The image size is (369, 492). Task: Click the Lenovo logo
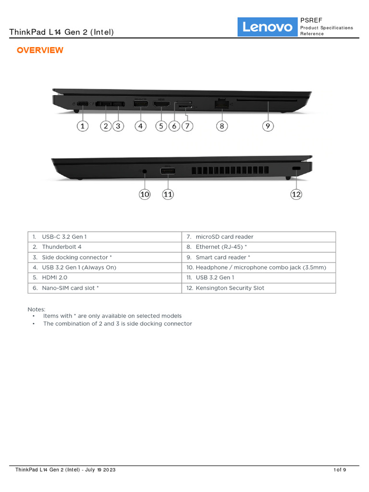click(268, 27)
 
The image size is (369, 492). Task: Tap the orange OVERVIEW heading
click(40, 50)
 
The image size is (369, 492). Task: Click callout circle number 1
click(83, 126)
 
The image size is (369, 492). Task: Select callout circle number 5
click(161, 126)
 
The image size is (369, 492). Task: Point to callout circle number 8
click(221, 126)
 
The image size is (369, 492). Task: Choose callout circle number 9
click(268, 126)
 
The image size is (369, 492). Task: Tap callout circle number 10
click(145, 194)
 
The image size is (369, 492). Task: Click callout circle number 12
click(296, 194)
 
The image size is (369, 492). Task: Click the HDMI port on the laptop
click(161, 104)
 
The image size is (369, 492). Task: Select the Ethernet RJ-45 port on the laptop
click(221, 103)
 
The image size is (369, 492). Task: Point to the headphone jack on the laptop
click(145, 171)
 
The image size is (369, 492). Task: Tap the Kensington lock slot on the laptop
click(296, 169)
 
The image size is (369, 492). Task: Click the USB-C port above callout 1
click(83, 104)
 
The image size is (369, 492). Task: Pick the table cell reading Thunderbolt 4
click(61, 247)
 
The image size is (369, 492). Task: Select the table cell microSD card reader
click(224, 237)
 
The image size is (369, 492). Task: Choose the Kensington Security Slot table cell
click(230, 288)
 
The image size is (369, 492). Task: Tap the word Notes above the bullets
click(37, 309)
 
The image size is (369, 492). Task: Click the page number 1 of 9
click(340, 470)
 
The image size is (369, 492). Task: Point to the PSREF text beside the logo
click(311, 20)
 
